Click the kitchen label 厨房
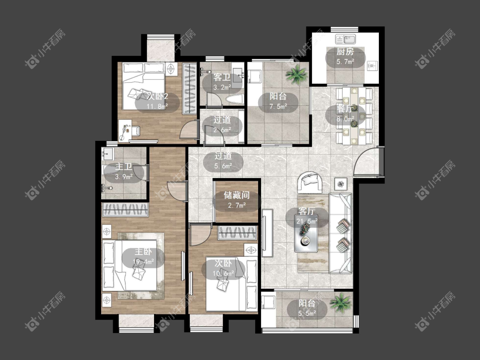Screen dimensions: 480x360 click(x=345, y=52)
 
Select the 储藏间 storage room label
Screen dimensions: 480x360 click(x=237, y=195)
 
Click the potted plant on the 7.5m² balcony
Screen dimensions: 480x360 click(x=296, y=75)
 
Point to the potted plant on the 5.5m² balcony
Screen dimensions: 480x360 click(x=340, y=302)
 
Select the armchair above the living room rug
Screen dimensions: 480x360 click(x=310, y=183)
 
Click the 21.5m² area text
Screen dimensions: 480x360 click(x=307, y=221)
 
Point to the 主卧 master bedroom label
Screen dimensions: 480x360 click(x=143, y=252)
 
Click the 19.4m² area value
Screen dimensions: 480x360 click(x=143, y=262)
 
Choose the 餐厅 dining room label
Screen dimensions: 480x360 click(x=345, y=108)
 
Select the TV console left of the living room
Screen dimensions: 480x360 click(x=267, y=232)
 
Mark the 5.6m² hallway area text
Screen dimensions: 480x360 click(x=223, y=166)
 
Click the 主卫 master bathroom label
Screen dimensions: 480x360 click(x=124, y=166)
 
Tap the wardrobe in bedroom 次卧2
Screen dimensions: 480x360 click(x=189, y=88)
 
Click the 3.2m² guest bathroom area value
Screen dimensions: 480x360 click(x=222, y=87)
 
